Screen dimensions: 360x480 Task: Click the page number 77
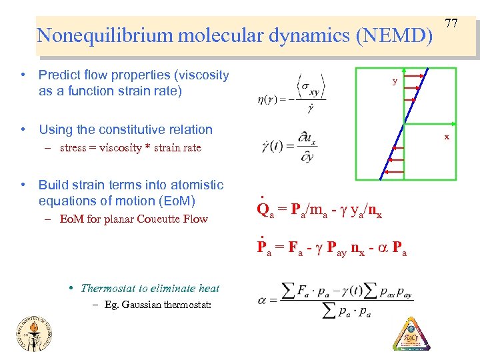[x=451, y=24]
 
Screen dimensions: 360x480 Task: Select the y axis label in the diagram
[x=395, y=81]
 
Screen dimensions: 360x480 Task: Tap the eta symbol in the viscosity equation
[x=261, y=100]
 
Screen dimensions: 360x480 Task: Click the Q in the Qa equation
[x=261, y=209]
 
